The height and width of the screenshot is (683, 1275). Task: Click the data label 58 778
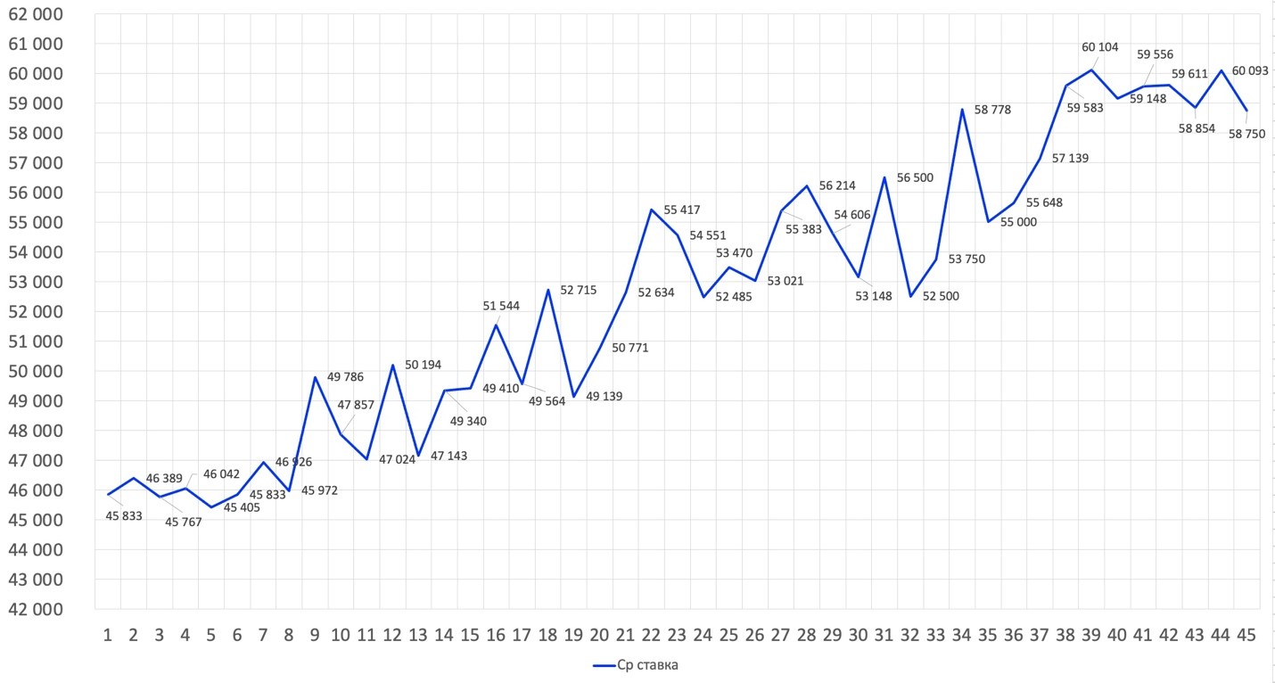[x=993, y=110]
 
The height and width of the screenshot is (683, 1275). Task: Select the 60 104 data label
[x=1100, y=47]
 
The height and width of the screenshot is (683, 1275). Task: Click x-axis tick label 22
[x=651, y=635]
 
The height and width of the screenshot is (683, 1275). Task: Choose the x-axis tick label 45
[x=1246, y=635]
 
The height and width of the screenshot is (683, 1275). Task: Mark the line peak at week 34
[x=962, y=110]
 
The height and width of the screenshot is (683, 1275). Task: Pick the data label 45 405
[x=242, y=508]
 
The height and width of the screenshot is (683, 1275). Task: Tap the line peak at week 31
[x=884, y=177]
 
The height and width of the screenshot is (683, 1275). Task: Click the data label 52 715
[x=579, y=290]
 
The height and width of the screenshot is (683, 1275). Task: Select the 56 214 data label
[x=837, y=185]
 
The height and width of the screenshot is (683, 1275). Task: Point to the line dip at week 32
[x=910, y=296]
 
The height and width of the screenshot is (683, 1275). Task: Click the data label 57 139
[x=1070, y=158]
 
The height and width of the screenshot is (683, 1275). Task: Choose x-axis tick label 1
[x=108, y=635]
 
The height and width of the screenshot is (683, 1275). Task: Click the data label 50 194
[x=424, y=365]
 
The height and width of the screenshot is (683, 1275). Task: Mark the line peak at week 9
[x=315, y=377]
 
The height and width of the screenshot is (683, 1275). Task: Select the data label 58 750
[x=1246, y=135]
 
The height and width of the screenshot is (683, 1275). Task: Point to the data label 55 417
[x=682, y=210]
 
